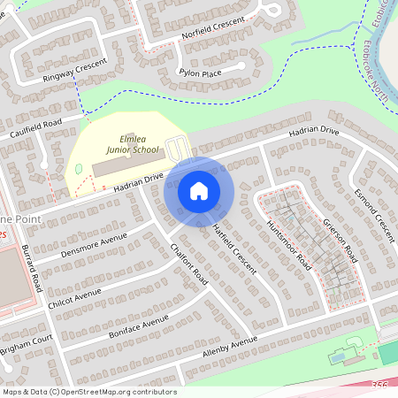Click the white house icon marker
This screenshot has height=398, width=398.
click(199, 191)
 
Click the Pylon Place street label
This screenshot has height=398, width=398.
click(200, 73)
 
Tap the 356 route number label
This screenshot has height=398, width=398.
click(379, 385)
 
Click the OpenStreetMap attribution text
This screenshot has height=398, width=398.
click(89, 392)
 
